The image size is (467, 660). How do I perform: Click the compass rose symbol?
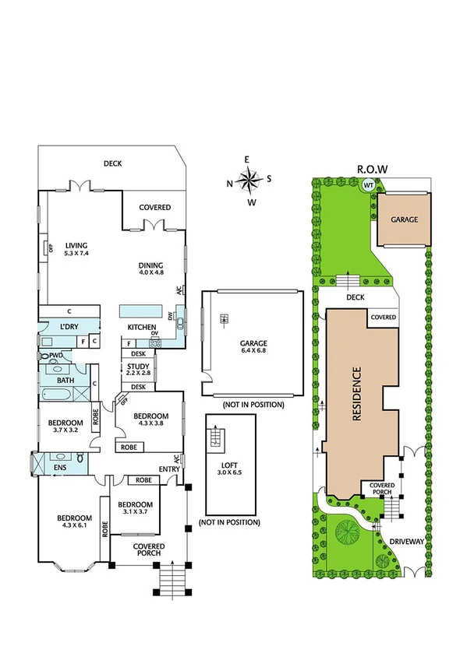[x=249, y=181]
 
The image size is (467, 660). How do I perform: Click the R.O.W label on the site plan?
[x=372, y=168]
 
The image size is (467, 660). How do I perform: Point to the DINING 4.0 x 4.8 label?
[x=152, y=269]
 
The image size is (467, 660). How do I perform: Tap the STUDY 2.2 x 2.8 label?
[x=138, y=370]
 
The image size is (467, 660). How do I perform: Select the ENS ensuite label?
[x=60, y=468]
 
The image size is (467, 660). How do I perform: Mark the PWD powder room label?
[x=55, y=356]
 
